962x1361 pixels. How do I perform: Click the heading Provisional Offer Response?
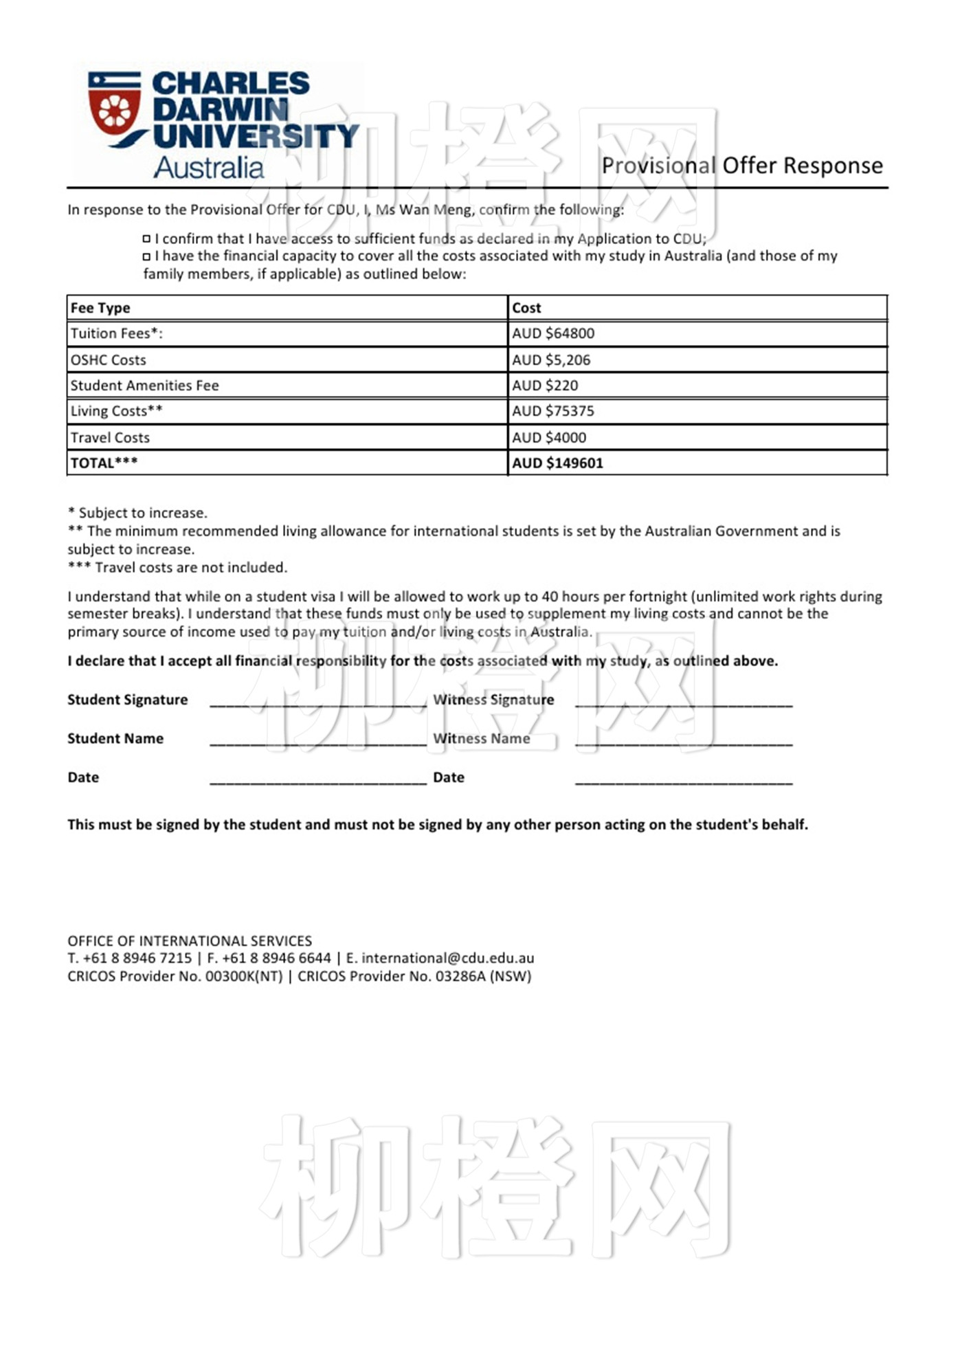[742, 166]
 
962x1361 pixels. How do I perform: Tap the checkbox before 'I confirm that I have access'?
[146, 239]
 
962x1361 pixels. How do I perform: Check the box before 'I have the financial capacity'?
[146, 256]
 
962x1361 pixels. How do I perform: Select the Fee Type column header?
[100, 308]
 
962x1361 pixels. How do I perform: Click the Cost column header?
[526, 308]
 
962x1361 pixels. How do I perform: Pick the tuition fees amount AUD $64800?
[553, 333]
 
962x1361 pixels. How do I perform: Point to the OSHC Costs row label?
[109, 359]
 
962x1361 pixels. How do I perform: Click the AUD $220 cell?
[545, 386]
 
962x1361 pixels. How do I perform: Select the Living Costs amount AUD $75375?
[553, 411]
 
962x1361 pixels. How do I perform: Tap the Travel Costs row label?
[110, 437]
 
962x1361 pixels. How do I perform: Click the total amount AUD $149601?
[557, 463]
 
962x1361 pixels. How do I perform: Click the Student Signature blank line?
[317, 702]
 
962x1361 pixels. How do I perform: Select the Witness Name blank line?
[684, 741]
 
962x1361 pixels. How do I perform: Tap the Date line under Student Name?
[317, 780]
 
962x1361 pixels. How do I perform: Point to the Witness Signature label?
[493, 700]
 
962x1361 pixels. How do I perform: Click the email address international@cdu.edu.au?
[448, 958]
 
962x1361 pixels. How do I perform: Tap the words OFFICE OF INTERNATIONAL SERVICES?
[190, 940]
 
